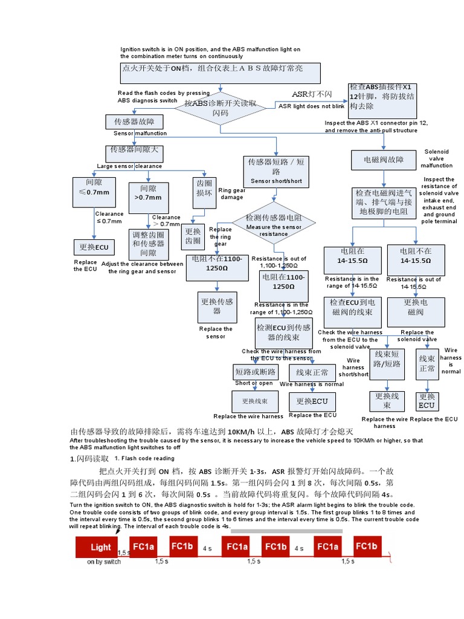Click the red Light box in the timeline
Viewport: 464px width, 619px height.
(100, 547)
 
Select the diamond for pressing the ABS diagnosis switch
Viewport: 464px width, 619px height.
(220, 108)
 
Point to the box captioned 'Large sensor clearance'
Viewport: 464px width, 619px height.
(134, 151)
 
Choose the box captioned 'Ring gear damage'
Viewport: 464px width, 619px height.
(204, 189)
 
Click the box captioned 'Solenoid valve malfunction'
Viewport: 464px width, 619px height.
(383, 160)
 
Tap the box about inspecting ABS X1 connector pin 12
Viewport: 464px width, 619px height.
(382, 100)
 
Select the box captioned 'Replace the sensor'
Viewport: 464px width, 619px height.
(217, 306)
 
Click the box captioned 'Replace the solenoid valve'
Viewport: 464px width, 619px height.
(416, 307)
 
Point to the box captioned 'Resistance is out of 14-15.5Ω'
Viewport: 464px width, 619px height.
(415, 260)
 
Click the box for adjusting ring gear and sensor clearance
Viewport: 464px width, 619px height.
(148, 243)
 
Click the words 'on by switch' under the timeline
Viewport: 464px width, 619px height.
(104, 562)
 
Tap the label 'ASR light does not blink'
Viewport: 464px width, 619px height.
(311, 106)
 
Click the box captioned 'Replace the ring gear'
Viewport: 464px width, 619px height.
(193, 236)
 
